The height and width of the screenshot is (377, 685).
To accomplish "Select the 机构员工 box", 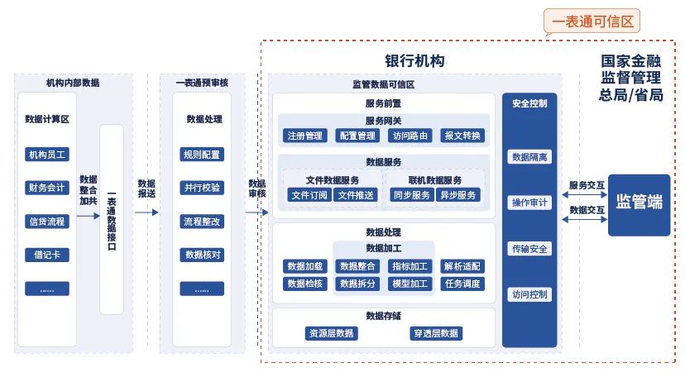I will pyautogui.click(x=46, y=155).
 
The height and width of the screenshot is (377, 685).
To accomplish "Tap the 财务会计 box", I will pyautogui.click(x=46, y=188).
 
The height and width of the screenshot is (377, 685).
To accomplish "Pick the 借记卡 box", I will pyautogui.click(x=46, y=255).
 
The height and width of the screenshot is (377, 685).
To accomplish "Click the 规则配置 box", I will pyautogui.click(x=202, y=155).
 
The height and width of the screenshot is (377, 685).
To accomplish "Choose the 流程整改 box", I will pyautogui.click(x=202, y=222).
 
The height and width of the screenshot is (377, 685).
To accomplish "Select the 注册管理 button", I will pyautogui.click(x=305, y=136).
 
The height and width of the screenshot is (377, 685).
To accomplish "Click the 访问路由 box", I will pyautogui.click(x=411, y=136).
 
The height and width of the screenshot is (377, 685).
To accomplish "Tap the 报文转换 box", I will pyautogui.click(x=462, y=136).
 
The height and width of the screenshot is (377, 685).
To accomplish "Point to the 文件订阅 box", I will pyautogui.click(x=309, y=195).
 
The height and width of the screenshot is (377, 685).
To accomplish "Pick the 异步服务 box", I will pyautogui.click(x=458, y=195).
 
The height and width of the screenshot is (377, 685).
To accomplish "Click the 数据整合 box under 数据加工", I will pyautogui.click(x=358, y=266).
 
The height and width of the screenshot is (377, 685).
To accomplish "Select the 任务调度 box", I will pyautogui.click(x=462, y=284).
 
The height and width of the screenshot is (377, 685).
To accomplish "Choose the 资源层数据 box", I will pyautogui.click(x=332, y=334).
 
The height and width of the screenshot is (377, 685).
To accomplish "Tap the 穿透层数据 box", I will pyautogui.click(x=436, y=334).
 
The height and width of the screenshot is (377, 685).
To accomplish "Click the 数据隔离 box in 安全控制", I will pyautogui.click(x=529, y=157).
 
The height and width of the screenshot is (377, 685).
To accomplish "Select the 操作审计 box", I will pyautogui.click(x=529, y=203).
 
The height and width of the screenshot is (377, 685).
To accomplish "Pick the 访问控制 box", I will pyautogui.click(x=529, y=294).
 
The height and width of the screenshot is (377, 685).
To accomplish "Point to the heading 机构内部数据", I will pyautogui.click(x=73, y=83).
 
